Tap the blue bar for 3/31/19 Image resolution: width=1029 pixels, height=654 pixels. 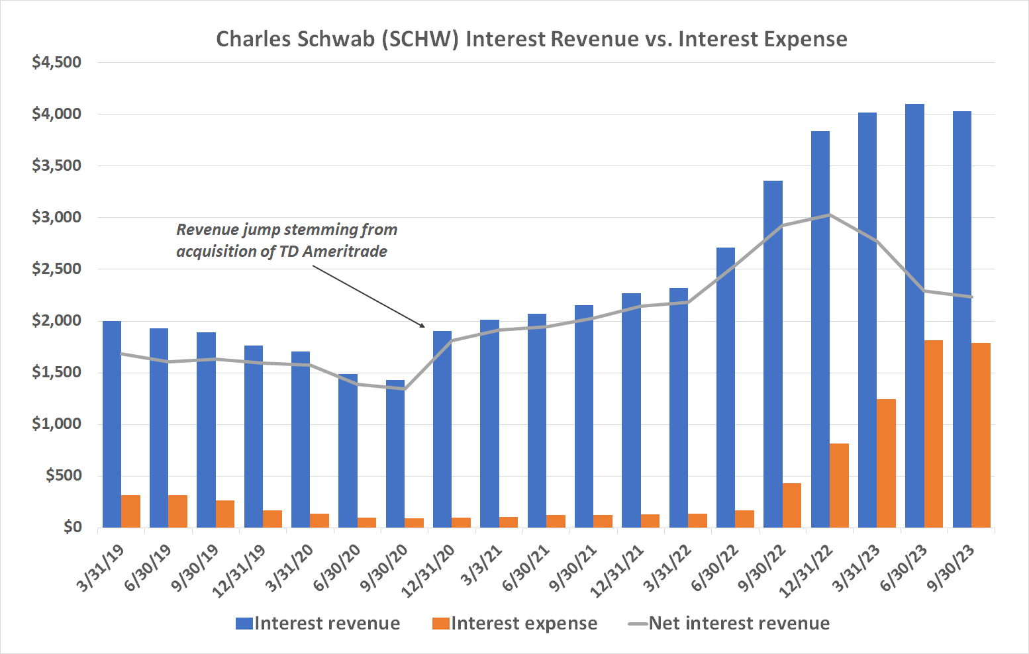[x=112, y=424]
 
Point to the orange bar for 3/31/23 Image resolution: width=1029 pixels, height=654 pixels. [x=886, y=463]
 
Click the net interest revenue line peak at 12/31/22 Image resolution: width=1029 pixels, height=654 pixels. [x=830, y=214]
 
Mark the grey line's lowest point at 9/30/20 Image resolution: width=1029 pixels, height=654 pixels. [x=405, y=389]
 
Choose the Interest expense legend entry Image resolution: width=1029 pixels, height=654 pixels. [x=514, y=624]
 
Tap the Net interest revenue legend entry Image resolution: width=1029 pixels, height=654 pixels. [x=728, y=624]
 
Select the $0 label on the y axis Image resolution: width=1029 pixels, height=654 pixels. [x=72, y=528]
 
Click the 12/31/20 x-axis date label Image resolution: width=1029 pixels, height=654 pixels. [x=429, y=571]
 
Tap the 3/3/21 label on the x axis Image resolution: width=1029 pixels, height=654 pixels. [x=482, y=566]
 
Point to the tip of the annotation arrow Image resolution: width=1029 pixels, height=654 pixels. [x=424, y=327]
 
